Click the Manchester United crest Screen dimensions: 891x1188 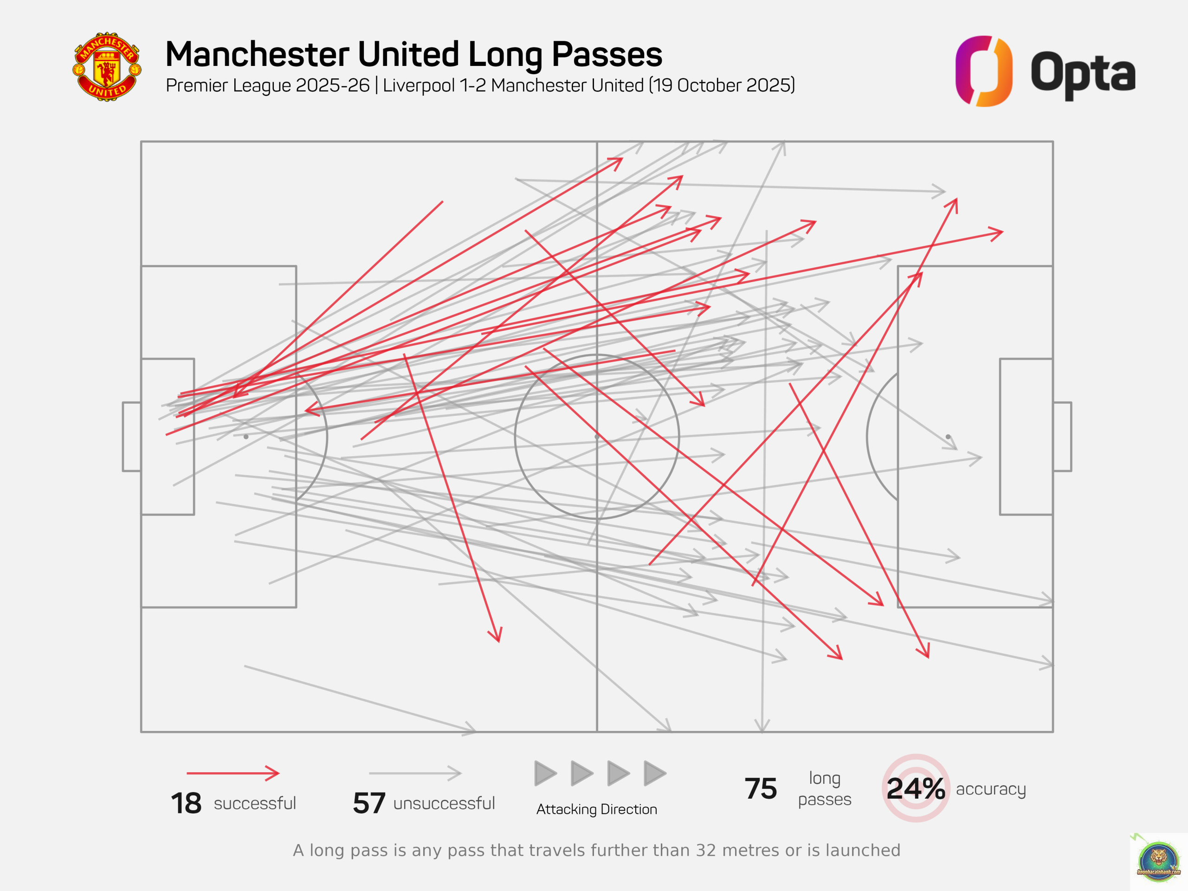click(x=107, y=67)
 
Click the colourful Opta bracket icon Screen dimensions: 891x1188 click(x=983, y=71)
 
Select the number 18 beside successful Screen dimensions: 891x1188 click(x=186, y=803)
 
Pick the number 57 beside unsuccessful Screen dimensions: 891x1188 click(x=369, y=803)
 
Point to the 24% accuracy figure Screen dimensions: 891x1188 click(x=915, y=788)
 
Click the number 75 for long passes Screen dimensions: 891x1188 click(x=761, y=788)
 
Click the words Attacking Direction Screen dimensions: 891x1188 click(x=596, y=809)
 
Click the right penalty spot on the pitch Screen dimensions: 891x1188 click(x=948, y=437)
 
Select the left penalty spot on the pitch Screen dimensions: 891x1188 click(x=246, y=437)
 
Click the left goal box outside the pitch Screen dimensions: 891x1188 click(x=132, y=437)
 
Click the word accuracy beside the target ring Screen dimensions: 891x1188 click(x=990, y=789)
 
